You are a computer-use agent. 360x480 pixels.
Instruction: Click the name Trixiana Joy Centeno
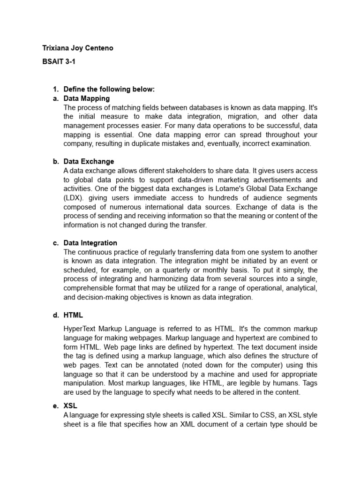(77, 48)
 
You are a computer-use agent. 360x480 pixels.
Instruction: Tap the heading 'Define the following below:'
(109, 89)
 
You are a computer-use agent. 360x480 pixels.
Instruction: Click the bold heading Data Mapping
(87, 98)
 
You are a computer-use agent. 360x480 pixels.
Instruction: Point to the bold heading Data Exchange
(89, 162)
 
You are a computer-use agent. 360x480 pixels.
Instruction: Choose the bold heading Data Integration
(90, 243)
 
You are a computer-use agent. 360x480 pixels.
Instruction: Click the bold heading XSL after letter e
(70, 406)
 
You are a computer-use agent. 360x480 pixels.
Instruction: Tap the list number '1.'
(55, 89)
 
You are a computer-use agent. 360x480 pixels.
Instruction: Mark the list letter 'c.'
(55, 243)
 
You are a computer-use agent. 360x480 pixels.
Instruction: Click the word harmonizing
(165, 279)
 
